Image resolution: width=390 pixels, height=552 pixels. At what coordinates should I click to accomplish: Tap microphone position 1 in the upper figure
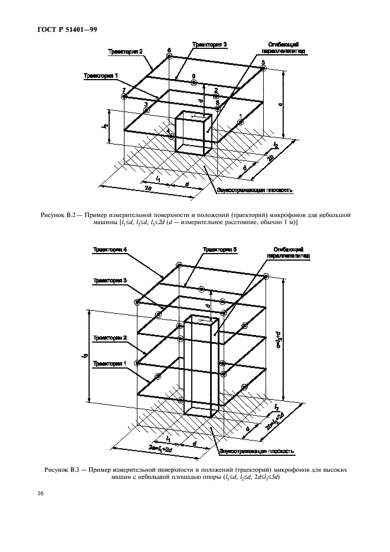pyautogui.click(x=240, y=121)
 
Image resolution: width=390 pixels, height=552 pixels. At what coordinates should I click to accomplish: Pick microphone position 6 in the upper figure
pyautogui.click(x=169, y=57)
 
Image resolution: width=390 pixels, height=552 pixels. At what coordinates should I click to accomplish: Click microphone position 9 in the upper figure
pyautogui.click(x=193, y=83)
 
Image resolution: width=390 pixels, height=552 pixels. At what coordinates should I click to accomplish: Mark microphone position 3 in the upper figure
pyautogui.click(x=146, y=110)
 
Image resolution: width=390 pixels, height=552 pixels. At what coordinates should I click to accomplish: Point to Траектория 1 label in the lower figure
pyautogui.click(x=110, y=364)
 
